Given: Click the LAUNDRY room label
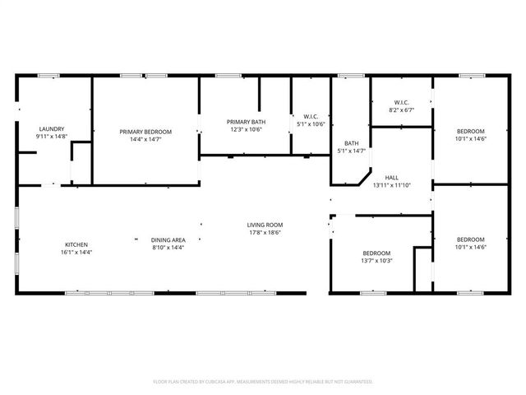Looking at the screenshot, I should coord(51,129).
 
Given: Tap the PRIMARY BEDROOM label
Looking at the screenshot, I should coord(145,132).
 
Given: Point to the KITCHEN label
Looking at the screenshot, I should coord(76,244).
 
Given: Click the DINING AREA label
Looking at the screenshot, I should coord(168,239).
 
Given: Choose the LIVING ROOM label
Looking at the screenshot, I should coord(265,225).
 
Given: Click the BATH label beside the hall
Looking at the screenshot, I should coord(351,143).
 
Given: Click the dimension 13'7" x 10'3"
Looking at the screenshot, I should coord(378,261).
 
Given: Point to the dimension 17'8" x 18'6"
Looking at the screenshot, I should coord(265,233).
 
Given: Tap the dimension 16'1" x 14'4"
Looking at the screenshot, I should coord(76,252).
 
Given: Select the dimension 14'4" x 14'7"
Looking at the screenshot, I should coord(145,139).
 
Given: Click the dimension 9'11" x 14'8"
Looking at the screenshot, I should coord(51,137).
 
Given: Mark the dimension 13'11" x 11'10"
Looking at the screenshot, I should coord(391,185).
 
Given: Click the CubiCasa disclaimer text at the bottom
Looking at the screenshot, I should coord(263,382).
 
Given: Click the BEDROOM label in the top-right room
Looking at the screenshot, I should coord(471,132).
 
